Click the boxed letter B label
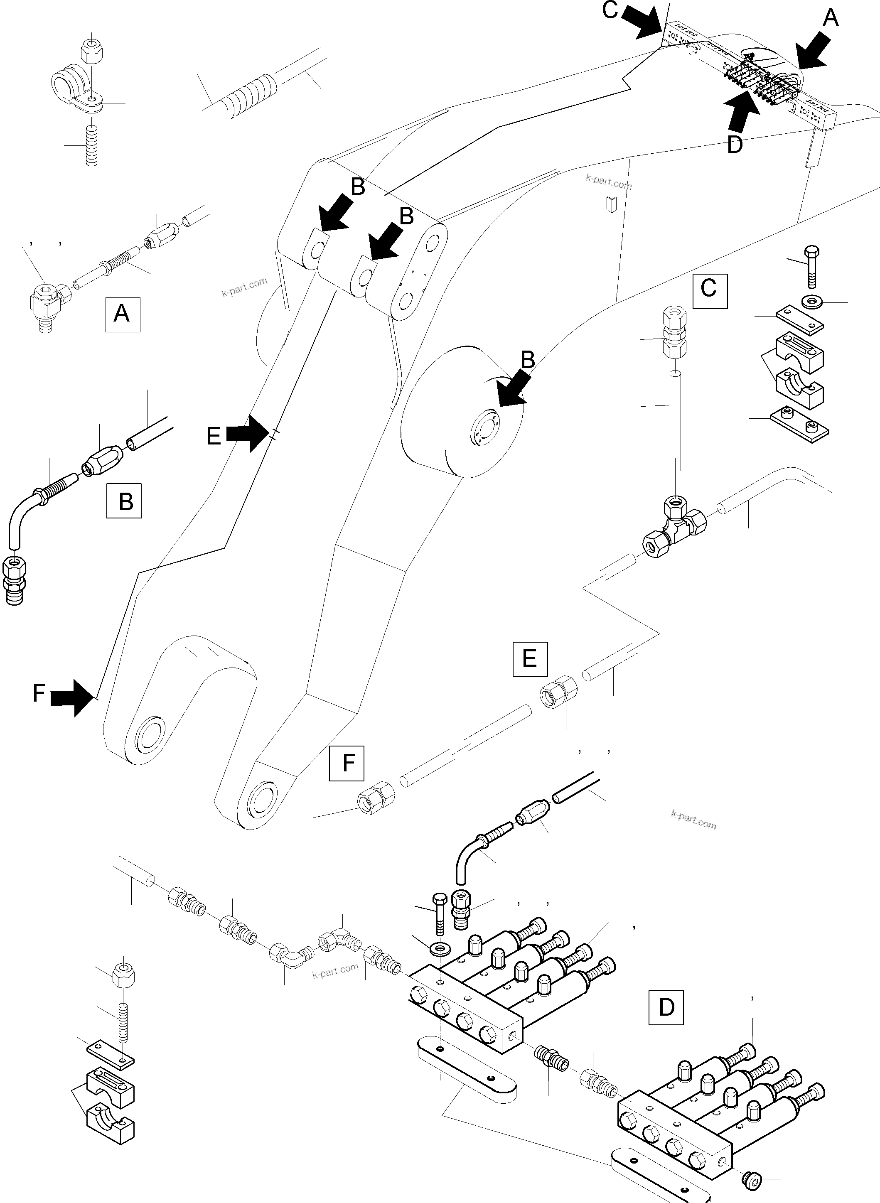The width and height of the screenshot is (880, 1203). (x=124, y=501)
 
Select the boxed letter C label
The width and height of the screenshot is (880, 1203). (x=710, y=291)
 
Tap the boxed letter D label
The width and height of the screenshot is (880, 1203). (x=666, y=1007)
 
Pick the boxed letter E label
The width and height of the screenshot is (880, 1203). (x=530, y=659)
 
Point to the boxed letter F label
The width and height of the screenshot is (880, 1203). (x=347, y=763)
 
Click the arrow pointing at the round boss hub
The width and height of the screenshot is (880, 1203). (x=511, y=390)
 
